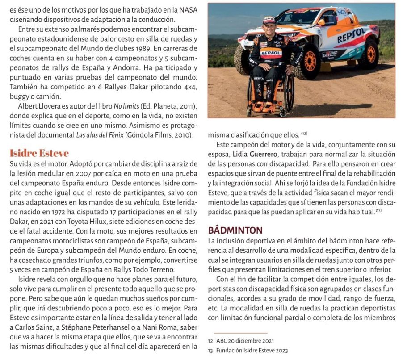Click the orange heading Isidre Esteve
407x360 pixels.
[39, 153]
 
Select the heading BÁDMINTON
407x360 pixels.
[235, 230]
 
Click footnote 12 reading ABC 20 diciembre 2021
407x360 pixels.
[241, 341]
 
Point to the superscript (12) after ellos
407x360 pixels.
[304, 134]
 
